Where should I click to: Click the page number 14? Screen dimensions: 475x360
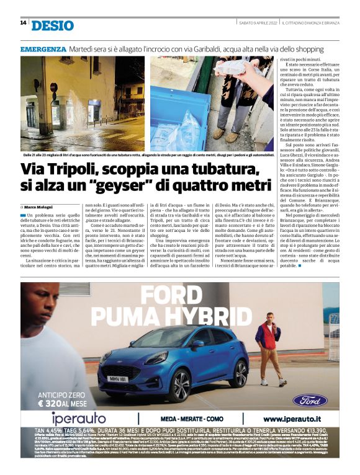pos(23,24)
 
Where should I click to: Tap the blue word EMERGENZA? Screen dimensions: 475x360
pos(43,48)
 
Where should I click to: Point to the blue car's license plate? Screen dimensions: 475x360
pos(117,378)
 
